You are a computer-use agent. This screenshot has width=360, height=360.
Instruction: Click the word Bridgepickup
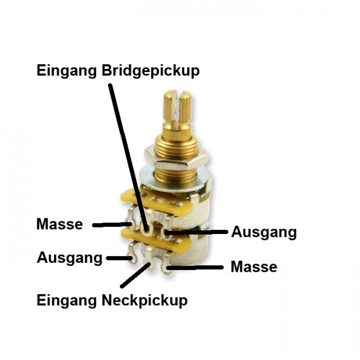click(x=151, y=71)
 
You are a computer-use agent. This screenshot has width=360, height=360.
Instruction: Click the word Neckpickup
click(x=145, y=301)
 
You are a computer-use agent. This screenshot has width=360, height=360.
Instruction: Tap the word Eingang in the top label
click(x=67, y=71)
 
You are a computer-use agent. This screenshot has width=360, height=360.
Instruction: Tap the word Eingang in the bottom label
click(x=67, y=301)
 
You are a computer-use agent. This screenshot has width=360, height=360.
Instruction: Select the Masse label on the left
click(x=59, y=224)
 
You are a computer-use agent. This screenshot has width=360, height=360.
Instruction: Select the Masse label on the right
click(x=254, y=267)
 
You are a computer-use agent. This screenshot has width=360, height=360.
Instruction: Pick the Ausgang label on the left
click(x=70, y=258)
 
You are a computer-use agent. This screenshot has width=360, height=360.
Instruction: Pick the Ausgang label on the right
click(x=264, y=232)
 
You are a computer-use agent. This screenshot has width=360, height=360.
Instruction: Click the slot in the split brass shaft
click(x=176, y=108)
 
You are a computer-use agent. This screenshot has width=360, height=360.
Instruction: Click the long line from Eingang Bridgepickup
click(x=128, y=157)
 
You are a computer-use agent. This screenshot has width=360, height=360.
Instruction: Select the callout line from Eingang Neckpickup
click(x=136, y=276)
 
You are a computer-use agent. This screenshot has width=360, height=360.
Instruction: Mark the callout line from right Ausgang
click(x=196, y=232)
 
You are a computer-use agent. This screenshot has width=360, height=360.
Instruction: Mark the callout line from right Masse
click(x=195, y=268)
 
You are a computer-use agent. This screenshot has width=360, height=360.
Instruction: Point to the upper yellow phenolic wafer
click(x=157, y=202)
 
